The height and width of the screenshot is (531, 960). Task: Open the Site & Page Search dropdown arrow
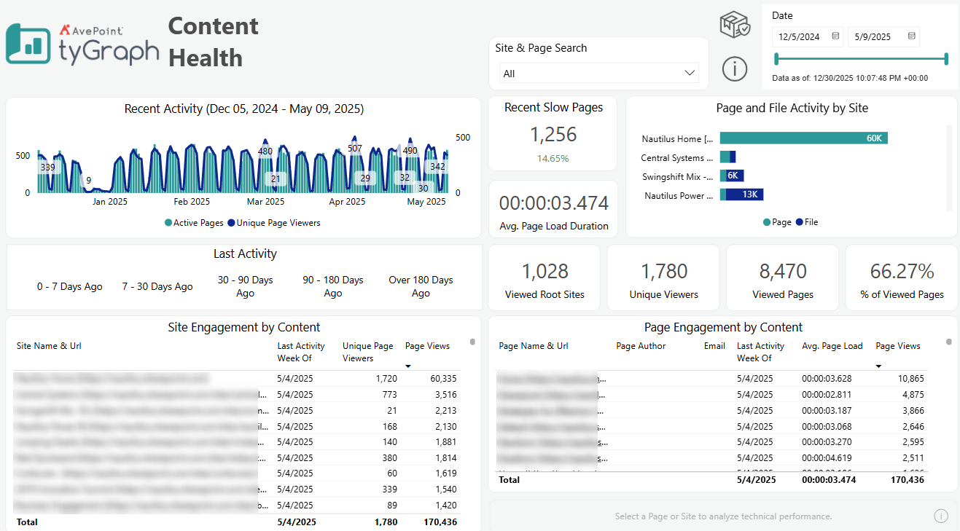coord(690,73)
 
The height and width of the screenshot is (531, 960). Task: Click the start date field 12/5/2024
coord(799,36)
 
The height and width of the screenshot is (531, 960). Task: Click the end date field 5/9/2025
coord(874,36)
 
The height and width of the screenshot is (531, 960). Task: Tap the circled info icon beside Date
coord(735,68)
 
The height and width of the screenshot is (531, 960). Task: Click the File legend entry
coord(807,222)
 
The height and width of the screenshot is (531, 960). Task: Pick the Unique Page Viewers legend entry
coord(274,223)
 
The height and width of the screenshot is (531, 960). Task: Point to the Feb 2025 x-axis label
coord(192,202)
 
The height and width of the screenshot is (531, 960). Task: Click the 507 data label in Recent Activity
coord(355,149)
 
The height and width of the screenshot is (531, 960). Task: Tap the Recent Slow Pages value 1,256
coord(553,135)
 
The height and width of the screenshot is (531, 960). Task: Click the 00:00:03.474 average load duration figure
coord(553,203)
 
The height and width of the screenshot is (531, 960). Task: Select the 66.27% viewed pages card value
coord(902,272)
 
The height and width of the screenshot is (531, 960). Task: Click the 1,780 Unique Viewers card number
coord(664,272)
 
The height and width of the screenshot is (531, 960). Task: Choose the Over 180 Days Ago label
coord(421,286)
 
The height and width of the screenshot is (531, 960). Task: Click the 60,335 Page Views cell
coord(440,379)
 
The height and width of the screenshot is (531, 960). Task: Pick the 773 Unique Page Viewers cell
coord(389,395)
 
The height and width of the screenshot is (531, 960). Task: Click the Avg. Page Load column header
coord(832,346)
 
